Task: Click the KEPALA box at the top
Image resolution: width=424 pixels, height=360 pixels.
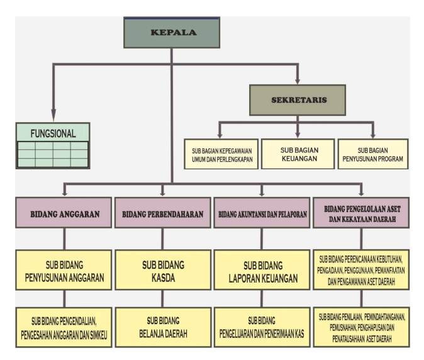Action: click(171, 33)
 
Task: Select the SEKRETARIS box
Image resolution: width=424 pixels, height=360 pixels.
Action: click(298, 100)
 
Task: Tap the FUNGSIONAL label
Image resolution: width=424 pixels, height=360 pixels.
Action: click(53, 133)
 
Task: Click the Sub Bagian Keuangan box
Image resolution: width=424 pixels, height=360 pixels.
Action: click(298, 154)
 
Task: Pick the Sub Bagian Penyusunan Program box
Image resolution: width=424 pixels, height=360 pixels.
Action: click(372, 154)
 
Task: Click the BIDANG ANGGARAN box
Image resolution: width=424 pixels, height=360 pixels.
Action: click(63, 214)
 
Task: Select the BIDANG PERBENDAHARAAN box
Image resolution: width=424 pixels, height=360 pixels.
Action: click(162, 214)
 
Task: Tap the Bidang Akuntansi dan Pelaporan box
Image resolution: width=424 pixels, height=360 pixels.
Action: click(262, 214)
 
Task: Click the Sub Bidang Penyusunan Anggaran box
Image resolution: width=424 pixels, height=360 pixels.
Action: click(63, 269)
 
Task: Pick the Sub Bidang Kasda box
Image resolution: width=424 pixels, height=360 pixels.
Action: click(162, 269)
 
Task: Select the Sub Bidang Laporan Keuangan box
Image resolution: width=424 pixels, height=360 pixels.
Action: click(262, 269)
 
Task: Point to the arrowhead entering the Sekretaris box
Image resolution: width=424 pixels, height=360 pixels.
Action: click(298, 81)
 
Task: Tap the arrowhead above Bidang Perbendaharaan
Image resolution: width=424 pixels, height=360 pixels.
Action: click(162, 192)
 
